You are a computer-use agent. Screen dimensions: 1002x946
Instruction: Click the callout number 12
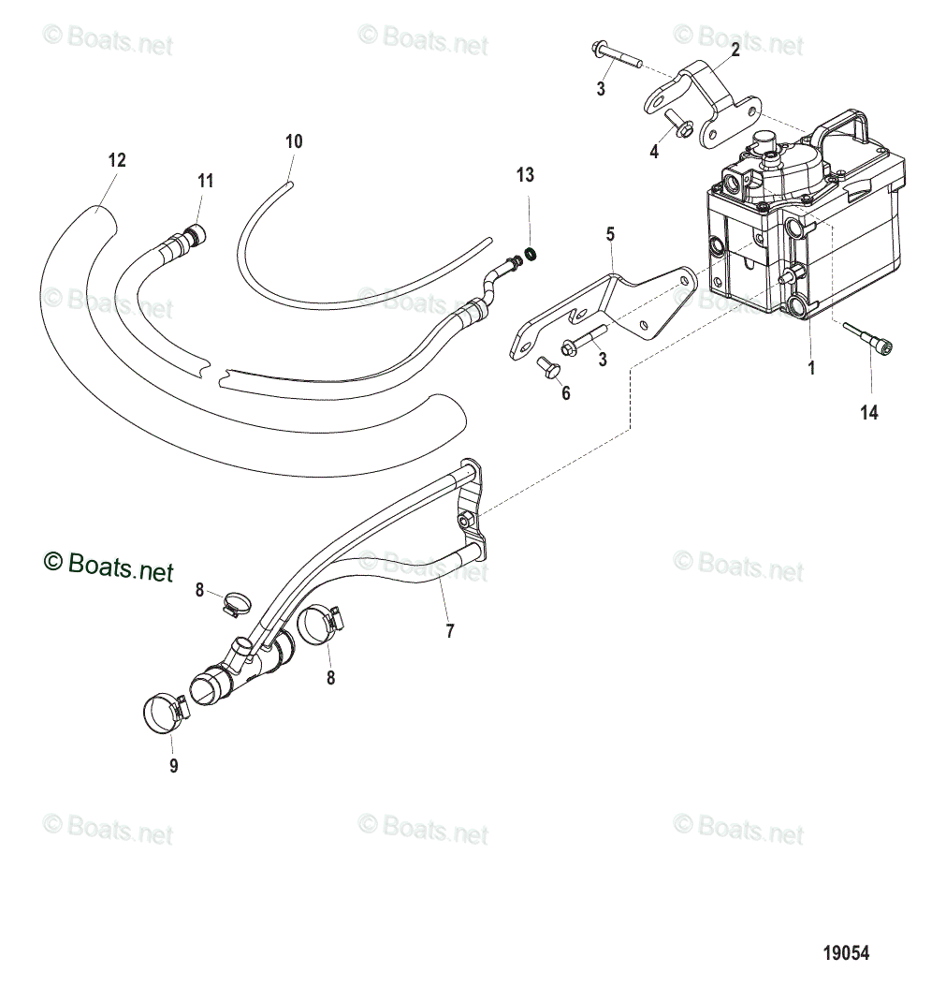[x=116, y=160]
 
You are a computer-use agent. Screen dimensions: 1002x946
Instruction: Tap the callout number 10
[x=294, y=141]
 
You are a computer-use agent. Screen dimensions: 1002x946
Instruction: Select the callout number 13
[x=525, y=174]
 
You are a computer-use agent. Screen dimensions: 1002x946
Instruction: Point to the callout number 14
[x=869, y=411]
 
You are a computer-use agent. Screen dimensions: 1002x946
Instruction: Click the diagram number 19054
[x=846, y=953]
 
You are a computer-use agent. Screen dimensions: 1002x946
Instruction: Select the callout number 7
[x=450, y=631]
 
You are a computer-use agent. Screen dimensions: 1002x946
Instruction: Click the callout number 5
[x=610, y=232]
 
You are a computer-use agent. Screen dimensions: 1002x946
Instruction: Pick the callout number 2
[x=735, y=51]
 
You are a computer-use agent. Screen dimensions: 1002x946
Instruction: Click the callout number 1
[x=811, y=368]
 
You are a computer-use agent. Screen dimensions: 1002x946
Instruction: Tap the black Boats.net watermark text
[x=109, y=566]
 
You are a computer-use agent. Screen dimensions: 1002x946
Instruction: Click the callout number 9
[x=173, y=766]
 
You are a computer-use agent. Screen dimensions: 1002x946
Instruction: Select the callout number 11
[x=205, y=181]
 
